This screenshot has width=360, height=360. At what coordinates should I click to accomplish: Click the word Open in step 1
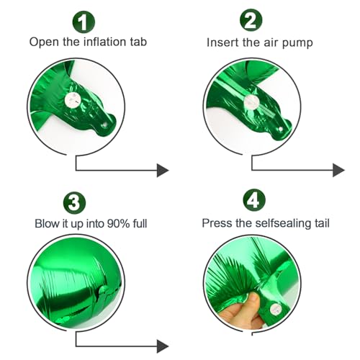point(43,42)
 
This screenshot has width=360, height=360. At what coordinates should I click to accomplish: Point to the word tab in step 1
point(137,42)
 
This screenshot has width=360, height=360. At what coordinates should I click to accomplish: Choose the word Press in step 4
point(216,222)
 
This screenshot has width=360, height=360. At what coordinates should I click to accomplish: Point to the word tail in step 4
point(320,222)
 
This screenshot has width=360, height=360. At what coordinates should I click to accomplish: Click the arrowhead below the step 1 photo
point(163,170)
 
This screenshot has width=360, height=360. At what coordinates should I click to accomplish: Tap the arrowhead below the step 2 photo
point(338,170)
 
